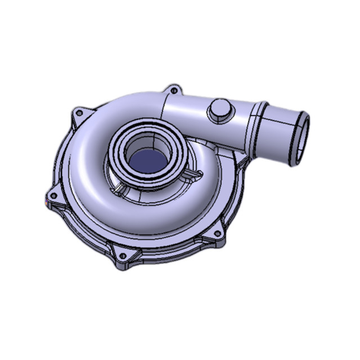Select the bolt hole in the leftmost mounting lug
point(53,195)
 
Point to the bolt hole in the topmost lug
point(174,90)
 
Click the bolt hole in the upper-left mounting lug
point(79,113)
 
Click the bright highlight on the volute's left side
point(84,152)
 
